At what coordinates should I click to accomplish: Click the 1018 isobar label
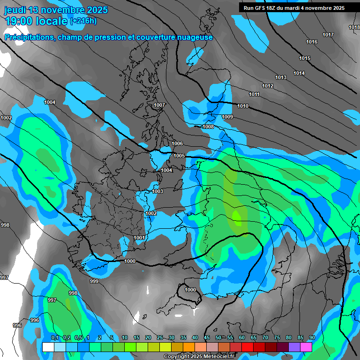(x=354, y=27)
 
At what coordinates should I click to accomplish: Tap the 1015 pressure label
(x=305, y=58)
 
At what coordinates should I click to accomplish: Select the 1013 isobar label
(x=281, y=77)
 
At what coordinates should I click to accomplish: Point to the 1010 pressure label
(x=243, y=106)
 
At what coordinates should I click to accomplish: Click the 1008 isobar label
(x=208, y=127)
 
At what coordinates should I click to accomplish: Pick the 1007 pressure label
(x=159, y=105)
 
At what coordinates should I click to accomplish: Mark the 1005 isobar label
(x=179, y=156)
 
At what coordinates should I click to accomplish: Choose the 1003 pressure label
(x=157, y=191)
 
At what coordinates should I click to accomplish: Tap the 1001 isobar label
(x=139, y=238)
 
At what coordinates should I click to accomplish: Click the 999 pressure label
(x=94, y=281)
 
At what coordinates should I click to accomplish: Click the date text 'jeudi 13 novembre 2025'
(x=56, y=10)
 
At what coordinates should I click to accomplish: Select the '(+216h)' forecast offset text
(x=83, y=21)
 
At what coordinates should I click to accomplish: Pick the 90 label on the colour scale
(x=312, y=337)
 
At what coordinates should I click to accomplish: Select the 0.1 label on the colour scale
(x=55, y=337)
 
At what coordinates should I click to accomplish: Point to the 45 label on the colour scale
(x=207, y=337)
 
